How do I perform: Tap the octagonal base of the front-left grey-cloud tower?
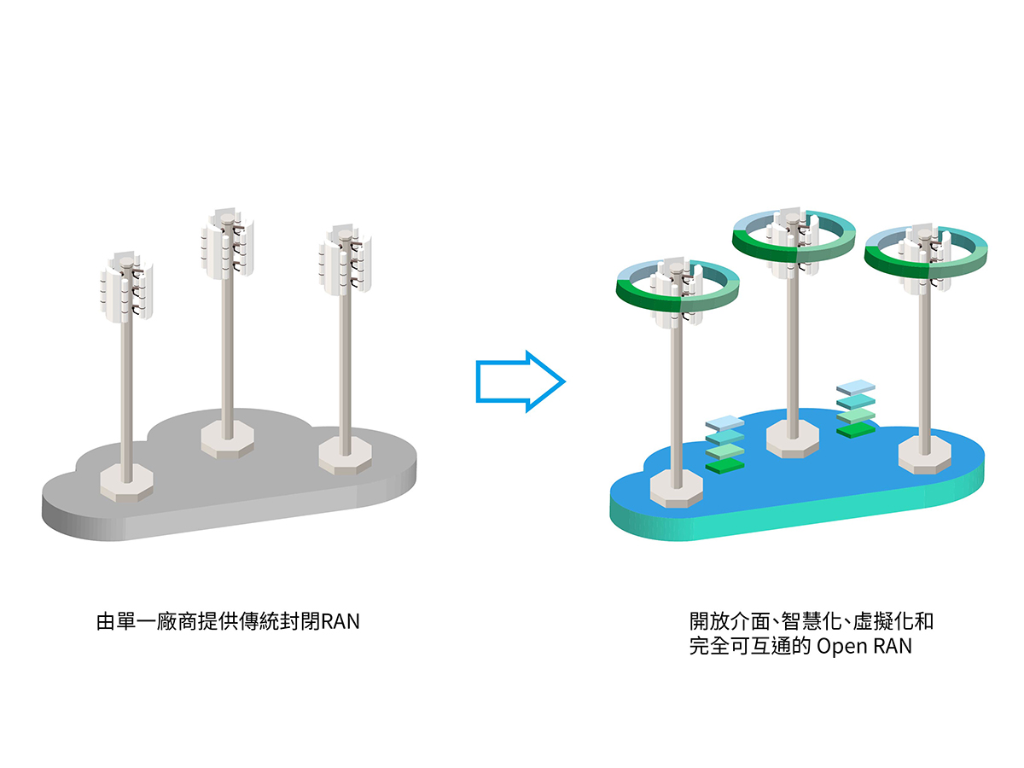pos(126,481)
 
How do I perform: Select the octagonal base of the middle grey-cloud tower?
pos(227,439)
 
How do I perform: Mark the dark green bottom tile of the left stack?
pos(725,466)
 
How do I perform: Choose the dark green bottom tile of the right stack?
pos(856,430)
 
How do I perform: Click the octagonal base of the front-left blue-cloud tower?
pos(676,489)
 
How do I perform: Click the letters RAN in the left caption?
pos(340,621)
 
